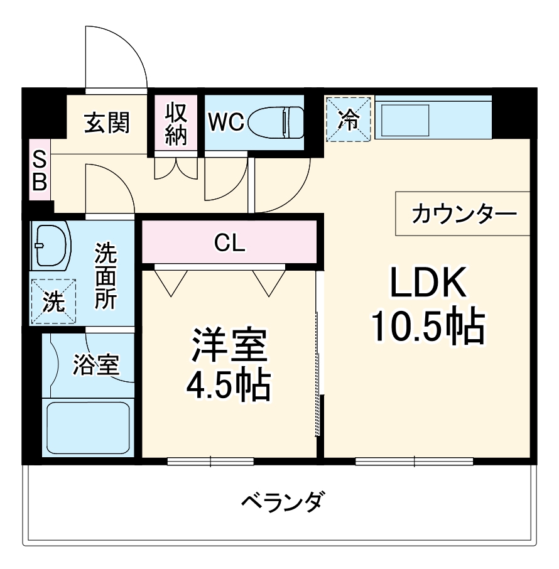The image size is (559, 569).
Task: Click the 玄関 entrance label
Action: pos(107,123)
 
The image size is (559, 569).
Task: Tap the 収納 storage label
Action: pos(176,123)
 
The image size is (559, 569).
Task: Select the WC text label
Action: pos(226,122)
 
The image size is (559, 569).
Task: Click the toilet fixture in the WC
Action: pos(276,122)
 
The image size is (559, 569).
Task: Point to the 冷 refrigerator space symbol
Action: pos(349,119)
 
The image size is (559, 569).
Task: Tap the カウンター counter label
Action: pos(464,214)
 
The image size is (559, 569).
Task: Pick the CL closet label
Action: pos(229,242)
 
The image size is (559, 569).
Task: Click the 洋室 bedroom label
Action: pos(229,345)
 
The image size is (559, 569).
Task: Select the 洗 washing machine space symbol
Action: pos(53,302)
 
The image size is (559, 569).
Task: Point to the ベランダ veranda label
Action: pos(283,502)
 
